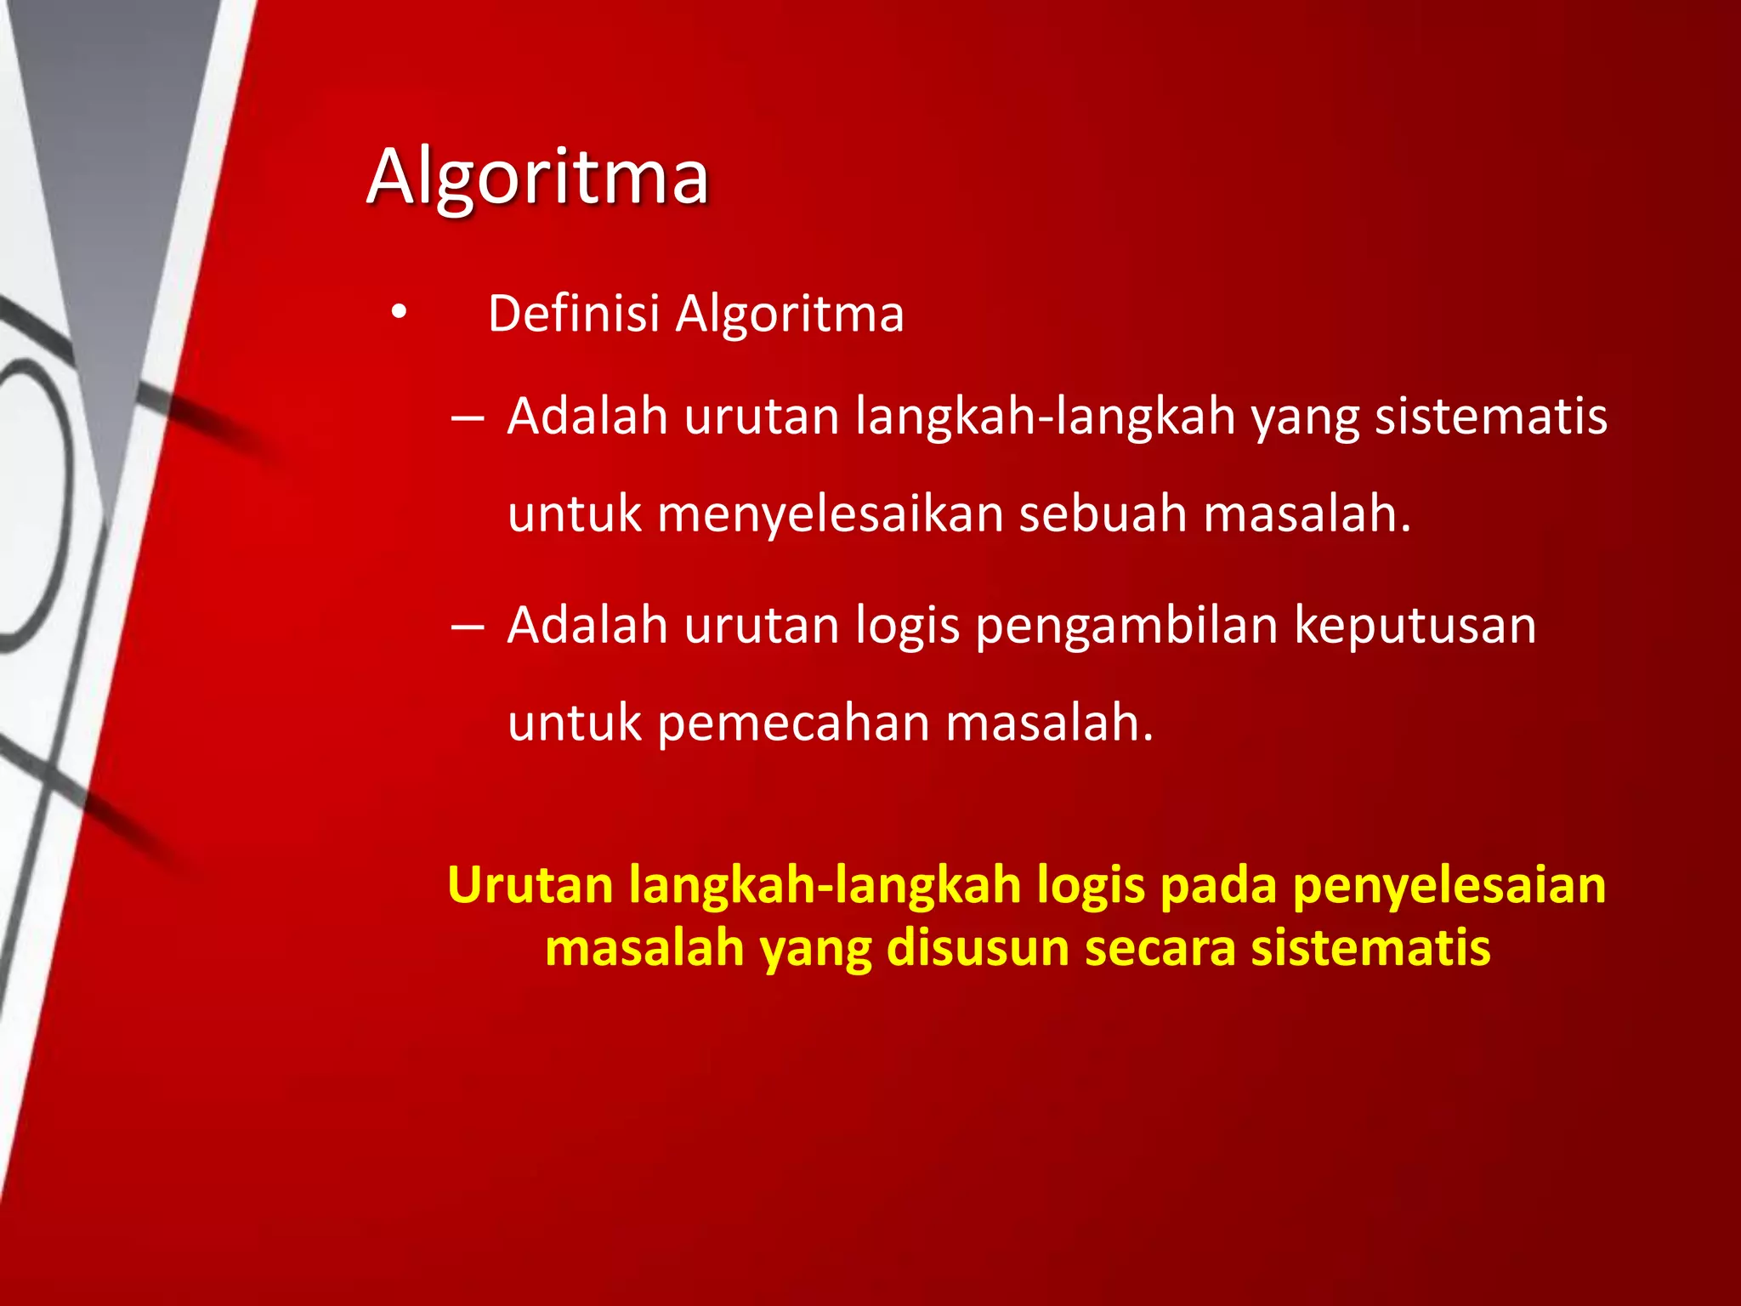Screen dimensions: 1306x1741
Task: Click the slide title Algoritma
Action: pos(537,177)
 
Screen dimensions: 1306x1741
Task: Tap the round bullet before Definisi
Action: pos(399,314)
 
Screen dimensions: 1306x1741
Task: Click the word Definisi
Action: pos(574,314)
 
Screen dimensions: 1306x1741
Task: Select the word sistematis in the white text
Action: pos(1491,417)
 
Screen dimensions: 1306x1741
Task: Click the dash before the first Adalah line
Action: pos(468,418)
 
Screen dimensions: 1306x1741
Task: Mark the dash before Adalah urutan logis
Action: pos(468,627)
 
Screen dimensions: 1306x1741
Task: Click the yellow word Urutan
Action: pos(530,885)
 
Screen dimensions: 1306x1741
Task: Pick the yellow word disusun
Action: pos(978,948)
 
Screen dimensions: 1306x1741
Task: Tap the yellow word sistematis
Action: pos(1370,948)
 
